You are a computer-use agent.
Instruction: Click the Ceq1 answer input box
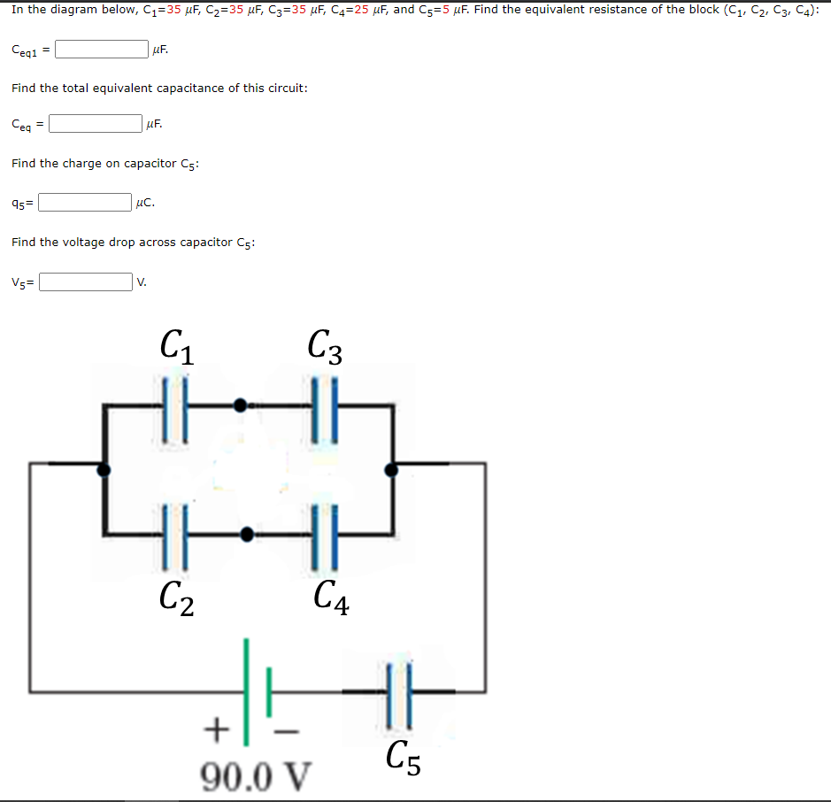coord(102,50)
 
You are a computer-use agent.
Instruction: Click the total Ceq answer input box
coord(96,124)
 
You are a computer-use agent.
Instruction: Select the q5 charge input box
coord(85,203)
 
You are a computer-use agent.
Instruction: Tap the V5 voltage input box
coord(85,282)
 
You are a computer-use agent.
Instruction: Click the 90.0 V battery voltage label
coord(256,776)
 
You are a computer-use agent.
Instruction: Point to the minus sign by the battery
coord(287,731)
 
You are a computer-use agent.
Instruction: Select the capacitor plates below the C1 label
coord(175,405)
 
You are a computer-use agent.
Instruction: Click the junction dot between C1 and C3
coord(239,405)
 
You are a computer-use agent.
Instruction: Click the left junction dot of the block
coord(104,469)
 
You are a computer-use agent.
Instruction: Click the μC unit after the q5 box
coord(145,203)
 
